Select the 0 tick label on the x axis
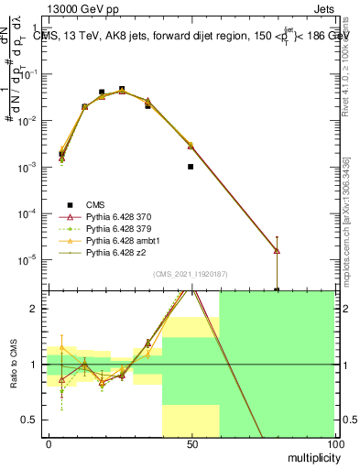[48, 444]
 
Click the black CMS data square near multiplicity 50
[191, 167]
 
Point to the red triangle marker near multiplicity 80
[277, 250]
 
